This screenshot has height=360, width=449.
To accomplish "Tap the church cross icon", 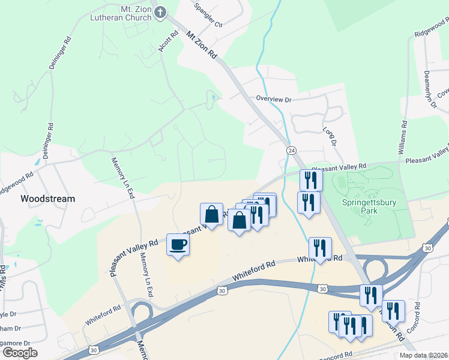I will tap(160, 13).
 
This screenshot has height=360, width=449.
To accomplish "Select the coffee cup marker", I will tap(178, 245).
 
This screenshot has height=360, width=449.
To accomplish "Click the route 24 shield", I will tap(291, 149).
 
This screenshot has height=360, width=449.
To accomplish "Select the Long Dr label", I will tap(330, 136).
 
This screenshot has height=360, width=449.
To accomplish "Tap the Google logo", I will tap(20, 353).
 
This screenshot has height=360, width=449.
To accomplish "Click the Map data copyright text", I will tap(424, 355).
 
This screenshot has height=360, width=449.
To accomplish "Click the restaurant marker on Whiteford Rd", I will tap(320, 248).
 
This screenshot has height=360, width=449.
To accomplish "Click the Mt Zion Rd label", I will tap(201, 45).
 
